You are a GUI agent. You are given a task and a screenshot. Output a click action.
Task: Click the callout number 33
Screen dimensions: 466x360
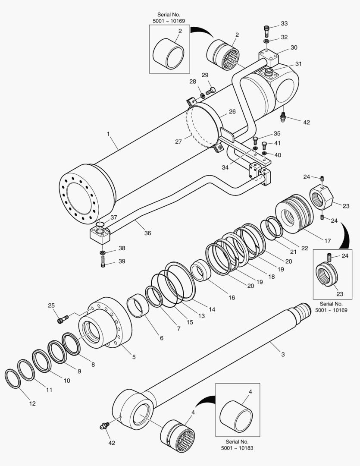coord(284,23)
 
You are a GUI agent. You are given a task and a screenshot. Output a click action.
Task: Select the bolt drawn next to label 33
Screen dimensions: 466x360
coord(266,31)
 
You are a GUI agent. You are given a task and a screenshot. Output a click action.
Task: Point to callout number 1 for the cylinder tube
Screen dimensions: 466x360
coord(108,134)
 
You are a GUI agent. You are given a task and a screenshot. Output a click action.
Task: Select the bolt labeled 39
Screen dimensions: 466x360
coord(103,261)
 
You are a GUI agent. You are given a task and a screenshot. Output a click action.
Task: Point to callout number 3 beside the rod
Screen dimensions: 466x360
coord(283,354)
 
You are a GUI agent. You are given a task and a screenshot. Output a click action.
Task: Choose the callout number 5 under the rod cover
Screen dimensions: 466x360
coord(134,357)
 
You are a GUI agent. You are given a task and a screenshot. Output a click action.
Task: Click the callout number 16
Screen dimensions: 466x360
coord(232,298)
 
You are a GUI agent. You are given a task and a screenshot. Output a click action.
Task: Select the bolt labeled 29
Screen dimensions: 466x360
coord(210,91)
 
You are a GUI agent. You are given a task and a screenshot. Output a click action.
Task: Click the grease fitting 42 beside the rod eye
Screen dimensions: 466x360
coord(104,427)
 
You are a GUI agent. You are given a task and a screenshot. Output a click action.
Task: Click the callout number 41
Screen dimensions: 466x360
coord(277,143)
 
